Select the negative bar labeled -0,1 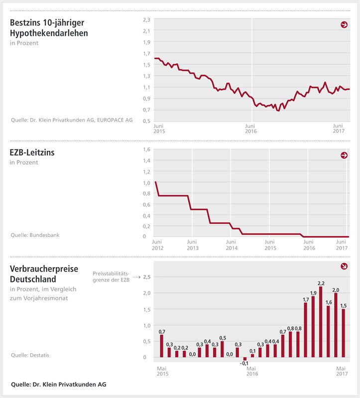tap(244, 359)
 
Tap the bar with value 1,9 tap(313, 327)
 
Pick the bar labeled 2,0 tap(336, 325)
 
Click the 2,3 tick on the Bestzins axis tap(146, 19)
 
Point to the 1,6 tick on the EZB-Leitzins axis tap(146, 149)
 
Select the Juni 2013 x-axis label tap(193, 245)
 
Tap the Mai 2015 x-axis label tap(162, 371)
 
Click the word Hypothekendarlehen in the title tap(49, 33)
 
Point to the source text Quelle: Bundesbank tap(35, 234)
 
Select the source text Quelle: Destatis tap(30, 355)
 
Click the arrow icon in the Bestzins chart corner tap(344, 24)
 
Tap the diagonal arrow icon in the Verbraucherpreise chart tap(344, 267)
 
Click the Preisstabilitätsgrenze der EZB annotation tap(111, 276)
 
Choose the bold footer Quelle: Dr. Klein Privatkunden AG tap(58, 384)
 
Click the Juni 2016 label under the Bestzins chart tap(250, 129)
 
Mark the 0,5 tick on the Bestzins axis tap(146, 121)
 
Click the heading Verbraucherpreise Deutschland tap(44, 274)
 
